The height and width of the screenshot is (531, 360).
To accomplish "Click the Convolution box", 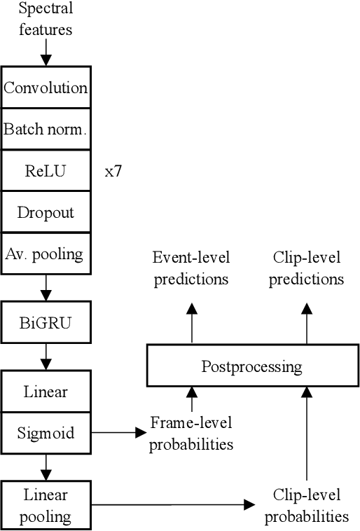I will click(46, 88).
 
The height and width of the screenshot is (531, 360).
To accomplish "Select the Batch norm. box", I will click(46, 129).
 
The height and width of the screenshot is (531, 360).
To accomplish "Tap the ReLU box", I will click(46, 170).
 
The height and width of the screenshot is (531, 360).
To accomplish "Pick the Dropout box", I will click(46, 212).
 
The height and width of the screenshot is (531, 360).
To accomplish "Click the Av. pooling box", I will click(46, 253).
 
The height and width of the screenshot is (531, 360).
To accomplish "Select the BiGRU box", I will click(46, 323).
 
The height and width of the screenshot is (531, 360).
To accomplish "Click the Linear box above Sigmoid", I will click(46, 392).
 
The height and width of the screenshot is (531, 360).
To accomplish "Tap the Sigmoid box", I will click(46, 432).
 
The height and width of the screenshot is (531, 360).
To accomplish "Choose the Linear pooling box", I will click(46, 506).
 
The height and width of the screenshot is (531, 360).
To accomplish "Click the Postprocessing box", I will click(251, 366).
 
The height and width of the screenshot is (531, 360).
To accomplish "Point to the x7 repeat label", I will click(113, 171).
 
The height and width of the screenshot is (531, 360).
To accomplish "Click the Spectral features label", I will click(46, 20).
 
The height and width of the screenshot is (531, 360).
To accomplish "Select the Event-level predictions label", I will click(191, 268).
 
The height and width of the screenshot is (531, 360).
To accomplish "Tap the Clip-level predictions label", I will click(306, 268).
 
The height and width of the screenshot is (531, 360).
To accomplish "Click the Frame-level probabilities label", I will click(191, 433).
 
